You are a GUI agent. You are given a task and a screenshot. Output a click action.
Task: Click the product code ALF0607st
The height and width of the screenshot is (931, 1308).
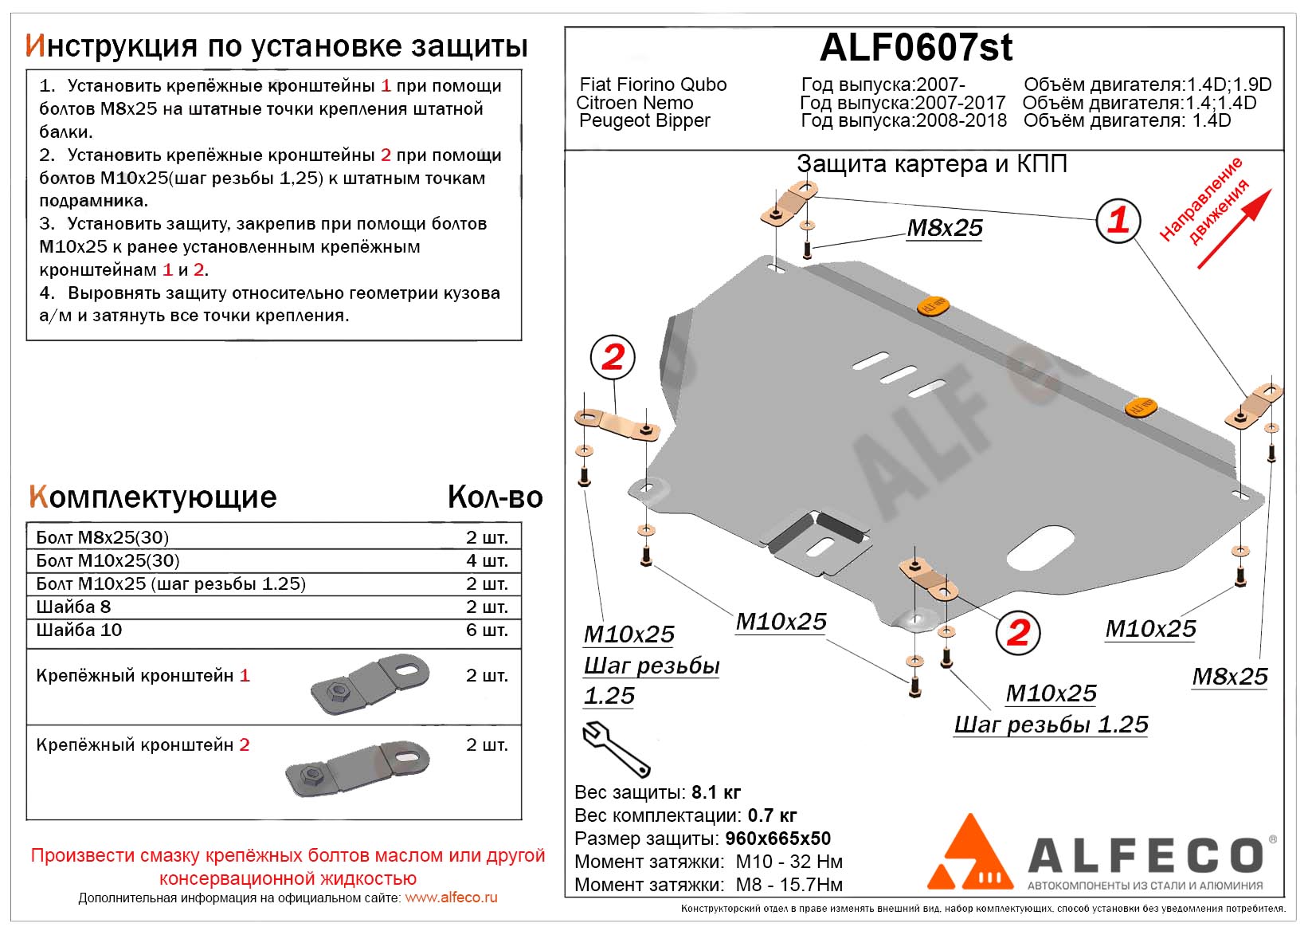pos(916,48)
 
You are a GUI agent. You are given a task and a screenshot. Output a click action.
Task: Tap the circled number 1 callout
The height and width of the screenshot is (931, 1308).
pos(1118,220)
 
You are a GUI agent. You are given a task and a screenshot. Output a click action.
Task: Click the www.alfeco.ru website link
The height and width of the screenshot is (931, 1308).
pos(451,898)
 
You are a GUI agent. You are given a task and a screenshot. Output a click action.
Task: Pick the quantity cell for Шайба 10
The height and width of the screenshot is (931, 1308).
pos(487,630)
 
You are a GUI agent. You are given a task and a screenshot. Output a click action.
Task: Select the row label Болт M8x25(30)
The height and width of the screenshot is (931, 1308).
pos(103,537)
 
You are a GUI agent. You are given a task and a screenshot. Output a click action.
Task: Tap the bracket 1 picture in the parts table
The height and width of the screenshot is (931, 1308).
pos(370,683)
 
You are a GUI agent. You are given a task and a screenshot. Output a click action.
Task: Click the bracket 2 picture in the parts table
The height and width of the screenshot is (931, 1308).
pos(358,768)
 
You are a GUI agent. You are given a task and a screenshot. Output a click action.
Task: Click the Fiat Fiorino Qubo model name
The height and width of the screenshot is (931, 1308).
pos(652,84)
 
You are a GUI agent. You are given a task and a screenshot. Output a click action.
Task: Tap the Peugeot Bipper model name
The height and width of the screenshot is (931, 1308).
pos(644,120)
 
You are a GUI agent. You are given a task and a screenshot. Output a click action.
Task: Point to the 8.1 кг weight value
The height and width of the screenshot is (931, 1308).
pos(716,792)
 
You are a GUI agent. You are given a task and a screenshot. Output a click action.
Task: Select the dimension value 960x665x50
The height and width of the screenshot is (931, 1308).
pos(777,839)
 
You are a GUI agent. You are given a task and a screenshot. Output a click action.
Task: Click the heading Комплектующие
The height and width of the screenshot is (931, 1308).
pos(152,497)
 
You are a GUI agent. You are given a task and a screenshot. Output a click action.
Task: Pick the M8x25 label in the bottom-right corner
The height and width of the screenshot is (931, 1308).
pos(1229,677)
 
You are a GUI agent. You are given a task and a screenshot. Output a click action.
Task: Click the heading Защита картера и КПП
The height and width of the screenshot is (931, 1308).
pos(931,164)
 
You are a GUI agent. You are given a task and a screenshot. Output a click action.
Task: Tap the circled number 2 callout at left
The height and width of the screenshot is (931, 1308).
pos(613,357)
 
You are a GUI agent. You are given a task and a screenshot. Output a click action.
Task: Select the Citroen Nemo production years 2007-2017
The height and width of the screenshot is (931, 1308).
pos(960,103)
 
